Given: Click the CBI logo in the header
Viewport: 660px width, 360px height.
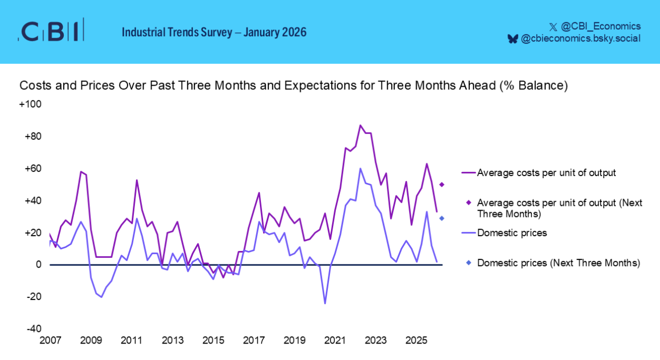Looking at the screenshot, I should [x=52, y=31].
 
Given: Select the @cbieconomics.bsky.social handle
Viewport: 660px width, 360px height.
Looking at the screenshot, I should [x=580, y=38].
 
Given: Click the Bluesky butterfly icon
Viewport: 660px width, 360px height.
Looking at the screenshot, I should [x=513, y=39].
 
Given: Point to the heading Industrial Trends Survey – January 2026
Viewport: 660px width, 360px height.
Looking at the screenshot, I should [x=214, y=32].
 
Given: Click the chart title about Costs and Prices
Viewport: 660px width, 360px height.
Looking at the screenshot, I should [x=294, y=86].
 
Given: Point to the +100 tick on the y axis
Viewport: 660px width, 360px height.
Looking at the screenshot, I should [x=30, y=104].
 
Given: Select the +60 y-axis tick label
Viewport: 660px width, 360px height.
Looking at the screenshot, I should [x=32, y=169].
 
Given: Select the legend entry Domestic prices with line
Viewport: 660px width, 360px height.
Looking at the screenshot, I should [x=505, y=233].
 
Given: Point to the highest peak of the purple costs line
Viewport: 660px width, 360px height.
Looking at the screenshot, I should [x=360, y=125].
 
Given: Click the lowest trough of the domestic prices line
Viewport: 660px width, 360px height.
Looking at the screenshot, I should [x=325, y=304].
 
